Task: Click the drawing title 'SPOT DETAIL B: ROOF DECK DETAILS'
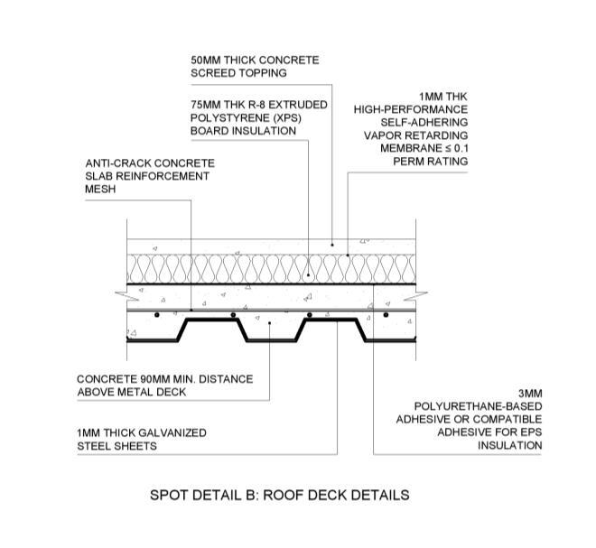coord(279,495)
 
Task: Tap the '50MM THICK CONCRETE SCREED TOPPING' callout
coord(254,67)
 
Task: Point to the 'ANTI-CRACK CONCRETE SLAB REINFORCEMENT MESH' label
coord(144,176)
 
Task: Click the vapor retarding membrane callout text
coord(411,128)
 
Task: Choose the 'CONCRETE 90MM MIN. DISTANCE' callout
coord(164,385)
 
